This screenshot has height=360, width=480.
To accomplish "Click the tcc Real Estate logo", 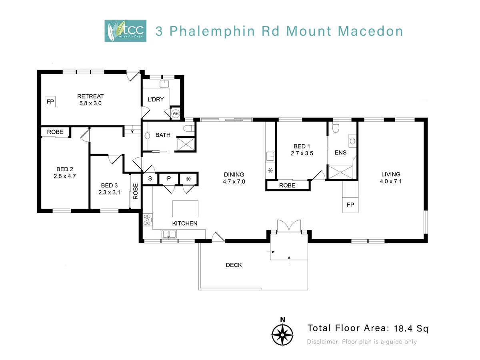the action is (x=125, y=31).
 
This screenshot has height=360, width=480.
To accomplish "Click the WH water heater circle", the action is (x=175, y=114).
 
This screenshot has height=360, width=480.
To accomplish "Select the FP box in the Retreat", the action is (x=50, y=102).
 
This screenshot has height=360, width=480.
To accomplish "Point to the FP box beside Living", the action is (x=350, y=205).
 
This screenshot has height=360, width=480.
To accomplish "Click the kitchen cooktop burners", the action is (x=147, y=220).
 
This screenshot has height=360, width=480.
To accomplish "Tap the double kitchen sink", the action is (x=169, y=234).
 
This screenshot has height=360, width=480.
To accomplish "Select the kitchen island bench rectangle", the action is (x=185, y=209).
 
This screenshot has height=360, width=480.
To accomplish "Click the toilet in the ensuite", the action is (x=336, y=127).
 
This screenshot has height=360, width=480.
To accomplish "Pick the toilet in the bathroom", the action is (x=188, y=128).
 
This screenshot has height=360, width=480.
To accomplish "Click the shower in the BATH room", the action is (x=186, y=144).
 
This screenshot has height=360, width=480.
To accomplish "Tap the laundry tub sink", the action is (x=164, y=84).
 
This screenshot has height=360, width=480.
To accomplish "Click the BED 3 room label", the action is (x=109, y=185).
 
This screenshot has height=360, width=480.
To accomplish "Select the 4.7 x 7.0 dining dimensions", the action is (x=234, y=182).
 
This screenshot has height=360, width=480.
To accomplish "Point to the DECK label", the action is (x=234, y=265).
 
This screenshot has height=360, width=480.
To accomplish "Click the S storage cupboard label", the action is (x=150, y=178).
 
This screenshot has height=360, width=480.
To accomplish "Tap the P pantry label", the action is (x=169, y=178).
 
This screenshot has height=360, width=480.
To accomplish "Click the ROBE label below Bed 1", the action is (x=287, y=186).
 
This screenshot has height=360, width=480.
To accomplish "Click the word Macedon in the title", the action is (x=370, y=31).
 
